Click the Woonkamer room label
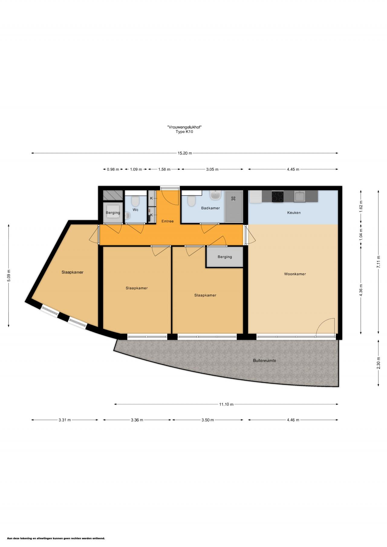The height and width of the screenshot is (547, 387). [x=295, y=274]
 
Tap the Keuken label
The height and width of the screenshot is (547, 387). [x=294, y=213]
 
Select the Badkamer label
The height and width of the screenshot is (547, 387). [x=210, y=208]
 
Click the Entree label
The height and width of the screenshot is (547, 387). [x=167, y=221]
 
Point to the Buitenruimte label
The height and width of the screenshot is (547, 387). [x=265, y=360]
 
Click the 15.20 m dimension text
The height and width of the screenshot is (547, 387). [x=185, y=153]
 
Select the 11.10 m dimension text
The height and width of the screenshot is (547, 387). [x=226, y=404]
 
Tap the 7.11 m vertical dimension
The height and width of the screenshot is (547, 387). [x=378, y=262]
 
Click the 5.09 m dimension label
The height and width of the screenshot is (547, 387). [x=8, y=275]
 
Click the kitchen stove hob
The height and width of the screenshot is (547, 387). [x=278, y=197]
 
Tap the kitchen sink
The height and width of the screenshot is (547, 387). [x=300, y=197]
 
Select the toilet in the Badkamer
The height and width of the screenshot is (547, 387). [x=191, y=201]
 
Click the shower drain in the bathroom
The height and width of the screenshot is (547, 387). [x=233, y=198]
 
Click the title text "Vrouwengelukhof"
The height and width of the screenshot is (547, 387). [x=184, y=127]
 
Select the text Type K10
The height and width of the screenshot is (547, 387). [x=184, y=132]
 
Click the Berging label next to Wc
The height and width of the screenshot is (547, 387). [x=113, y=213]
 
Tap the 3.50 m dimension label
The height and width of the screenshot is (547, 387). [x=208, y=420]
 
